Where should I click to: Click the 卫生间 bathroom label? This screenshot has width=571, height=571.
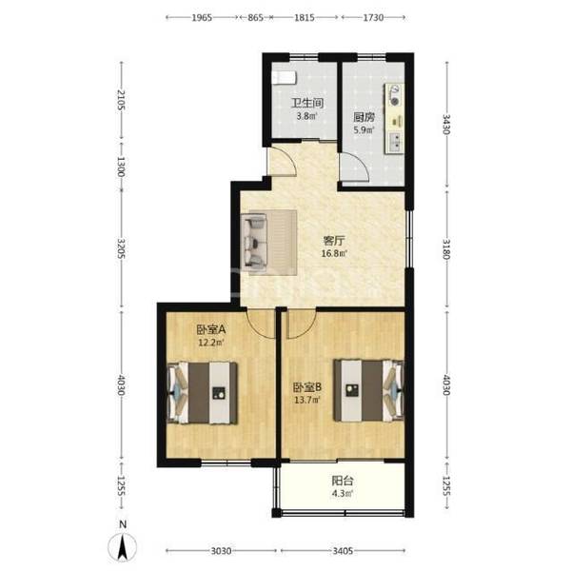click(307, 103)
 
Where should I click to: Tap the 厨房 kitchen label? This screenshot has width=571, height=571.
click(364, 117)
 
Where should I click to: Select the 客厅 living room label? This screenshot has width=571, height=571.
click(334, 241)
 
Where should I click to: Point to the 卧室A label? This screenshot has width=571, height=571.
click(211, 330)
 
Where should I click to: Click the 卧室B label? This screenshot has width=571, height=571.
click(307, 387)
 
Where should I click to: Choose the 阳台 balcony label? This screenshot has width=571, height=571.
click(343, 481)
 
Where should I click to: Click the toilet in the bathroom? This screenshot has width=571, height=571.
click(285, 78)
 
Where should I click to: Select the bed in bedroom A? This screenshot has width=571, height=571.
click(202, 392)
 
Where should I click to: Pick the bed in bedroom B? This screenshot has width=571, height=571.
click(369, 390)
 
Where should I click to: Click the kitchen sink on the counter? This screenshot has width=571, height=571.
click(395, 142)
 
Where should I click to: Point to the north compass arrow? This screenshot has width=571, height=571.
click(123, 546)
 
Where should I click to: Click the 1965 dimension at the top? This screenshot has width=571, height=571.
click(202, 17)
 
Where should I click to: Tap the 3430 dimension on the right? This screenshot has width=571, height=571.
click(446, 124)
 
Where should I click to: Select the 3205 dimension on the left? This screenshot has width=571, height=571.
click(121, 248)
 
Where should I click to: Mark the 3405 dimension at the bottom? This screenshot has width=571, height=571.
click(343, 551)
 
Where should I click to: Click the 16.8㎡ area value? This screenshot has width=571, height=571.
click(334, 253)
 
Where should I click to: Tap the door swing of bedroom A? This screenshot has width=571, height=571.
click(261, 324)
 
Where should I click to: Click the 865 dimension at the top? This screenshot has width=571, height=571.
click(255, 17)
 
